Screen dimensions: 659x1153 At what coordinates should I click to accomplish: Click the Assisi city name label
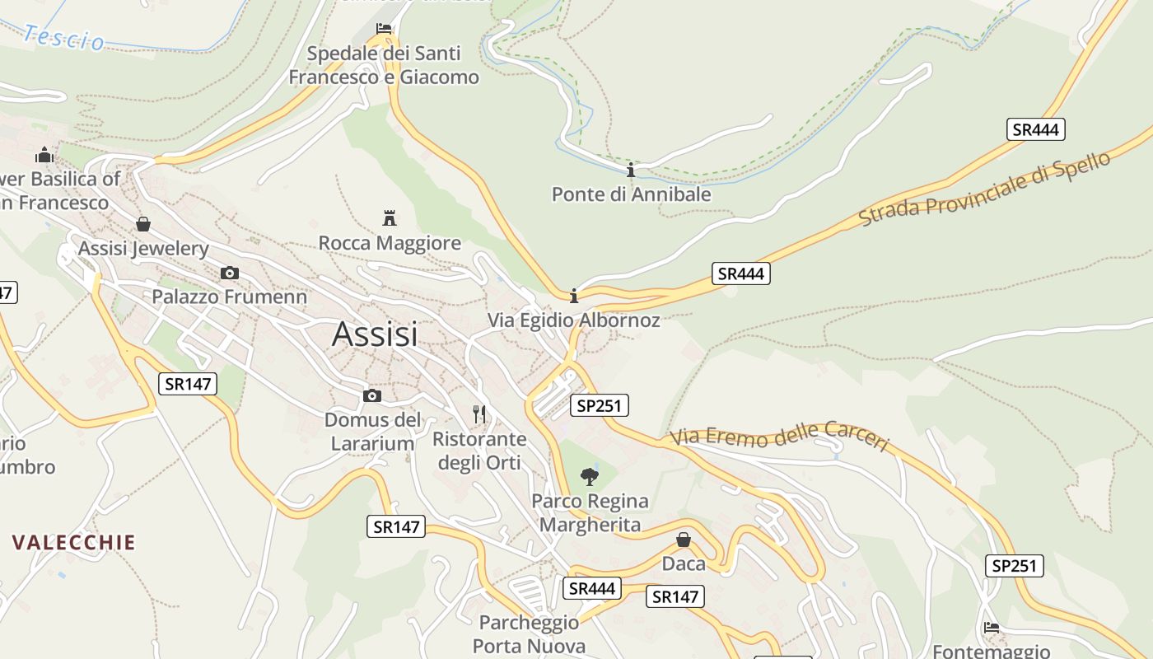[x=375, y=334]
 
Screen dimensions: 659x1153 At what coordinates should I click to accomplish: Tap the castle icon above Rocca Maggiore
[x=390, y=217]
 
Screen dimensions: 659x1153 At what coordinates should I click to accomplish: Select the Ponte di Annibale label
[x=631, y=194]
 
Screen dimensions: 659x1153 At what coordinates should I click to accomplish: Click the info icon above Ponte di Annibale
[x=631, y=171]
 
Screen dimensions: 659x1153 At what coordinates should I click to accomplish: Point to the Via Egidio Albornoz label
[x=574, y=320]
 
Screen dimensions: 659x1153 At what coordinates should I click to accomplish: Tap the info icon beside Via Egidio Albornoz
[x=574, y=296]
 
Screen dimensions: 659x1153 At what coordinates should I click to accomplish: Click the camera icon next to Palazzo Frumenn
[x=230, y=273]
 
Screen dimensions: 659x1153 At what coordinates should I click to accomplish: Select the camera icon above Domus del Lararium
[x=372, y=395]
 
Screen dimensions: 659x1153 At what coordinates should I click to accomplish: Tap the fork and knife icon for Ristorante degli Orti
[x=479, y=414]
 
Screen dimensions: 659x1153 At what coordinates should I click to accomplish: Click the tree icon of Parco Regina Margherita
[x=589, y=476]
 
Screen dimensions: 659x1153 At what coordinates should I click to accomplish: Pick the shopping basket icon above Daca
[x=684, y=540]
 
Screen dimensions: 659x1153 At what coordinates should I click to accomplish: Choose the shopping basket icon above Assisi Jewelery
[x=143, y=224]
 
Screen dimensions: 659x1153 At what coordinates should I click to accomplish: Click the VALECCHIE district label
[x=74, y=542]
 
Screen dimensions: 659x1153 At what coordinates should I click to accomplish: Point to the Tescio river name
[x=64, y=38]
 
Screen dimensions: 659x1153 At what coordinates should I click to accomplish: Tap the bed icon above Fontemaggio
[x=992, y=628]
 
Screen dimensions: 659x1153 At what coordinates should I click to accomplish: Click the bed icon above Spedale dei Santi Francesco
[x=383, y=29]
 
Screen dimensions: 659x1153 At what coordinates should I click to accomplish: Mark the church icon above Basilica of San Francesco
[x=44, y=154]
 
